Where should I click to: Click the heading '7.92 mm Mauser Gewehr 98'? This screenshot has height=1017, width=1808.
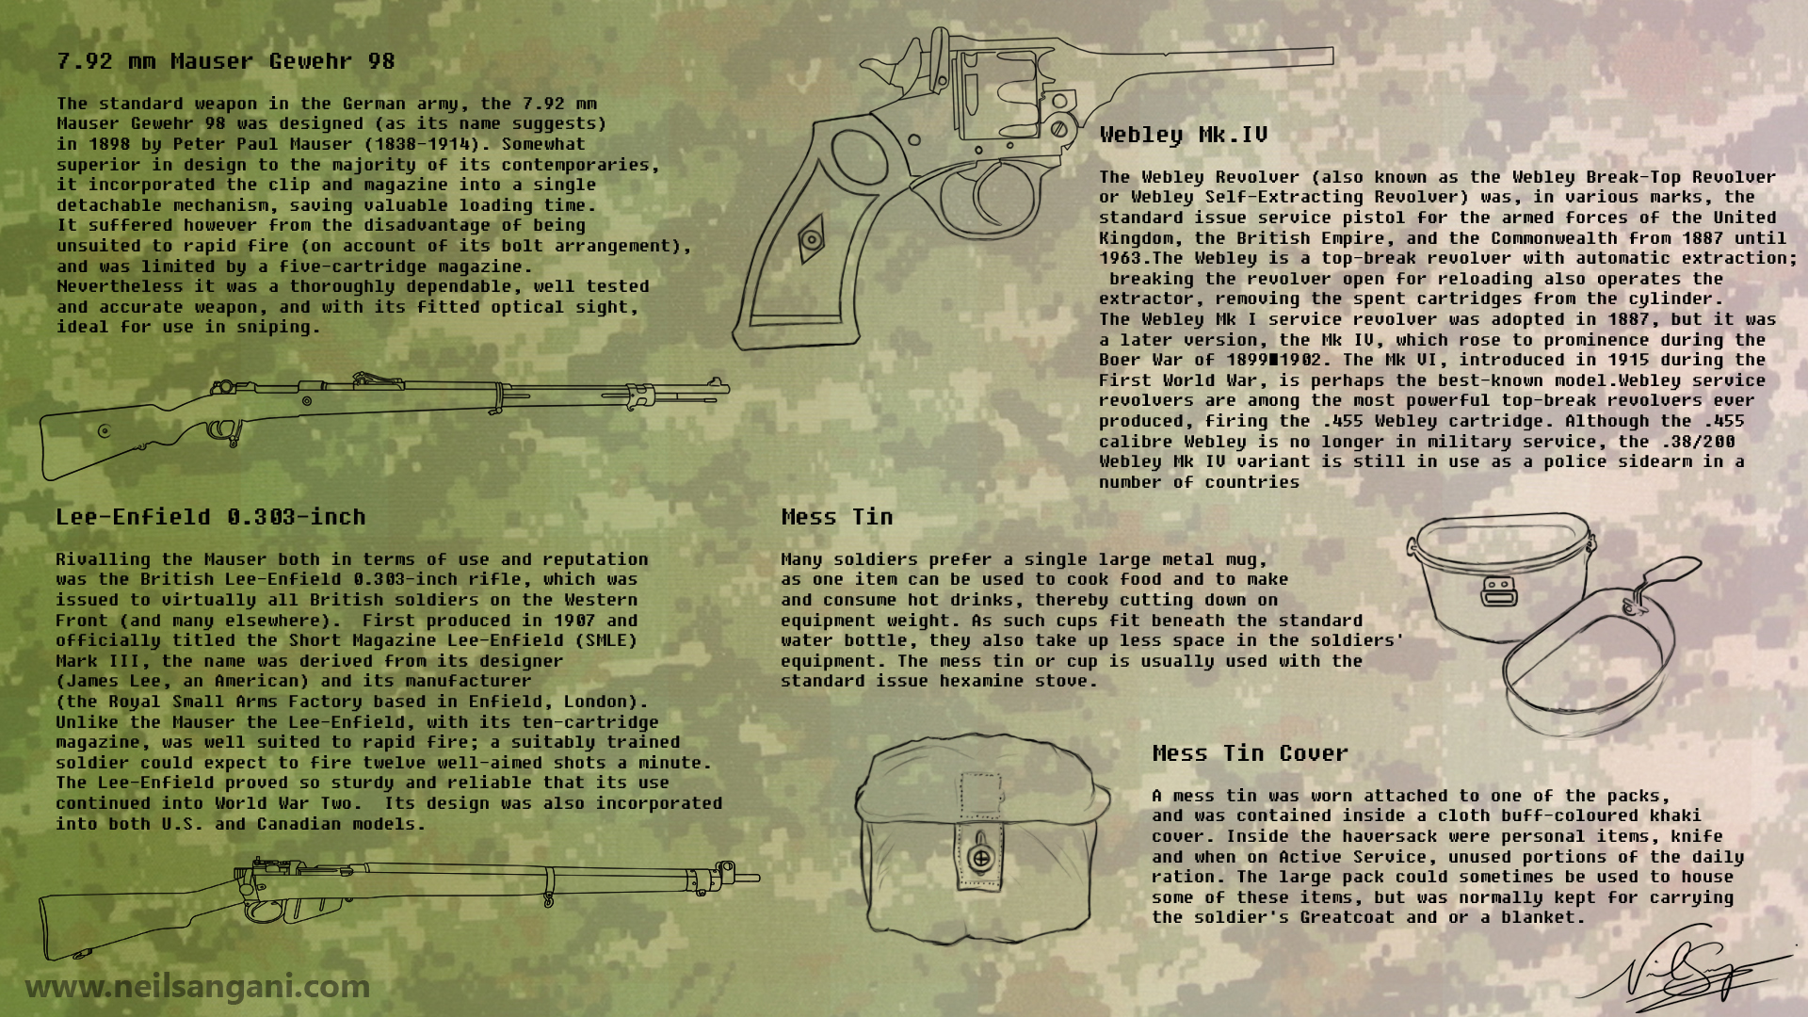point(226,62)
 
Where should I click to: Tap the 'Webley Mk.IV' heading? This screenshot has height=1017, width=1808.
point(1184,136)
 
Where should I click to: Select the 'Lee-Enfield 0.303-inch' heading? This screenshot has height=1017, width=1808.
point(211,517)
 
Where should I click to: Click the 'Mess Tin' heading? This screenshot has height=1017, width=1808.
point(837,517)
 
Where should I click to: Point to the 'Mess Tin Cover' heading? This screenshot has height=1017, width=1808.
point(1251,753)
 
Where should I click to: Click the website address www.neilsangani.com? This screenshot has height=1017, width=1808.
point(198,987)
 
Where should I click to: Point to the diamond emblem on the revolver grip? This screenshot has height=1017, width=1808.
point(810,238)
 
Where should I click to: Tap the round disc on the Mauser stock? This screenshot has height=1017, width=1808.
point(104,431)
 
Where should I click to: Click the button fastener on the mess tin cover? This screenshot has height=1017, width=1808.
point(980,858)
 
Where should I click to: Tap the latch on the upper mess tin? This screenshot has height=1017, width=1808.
point(1499,590)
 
